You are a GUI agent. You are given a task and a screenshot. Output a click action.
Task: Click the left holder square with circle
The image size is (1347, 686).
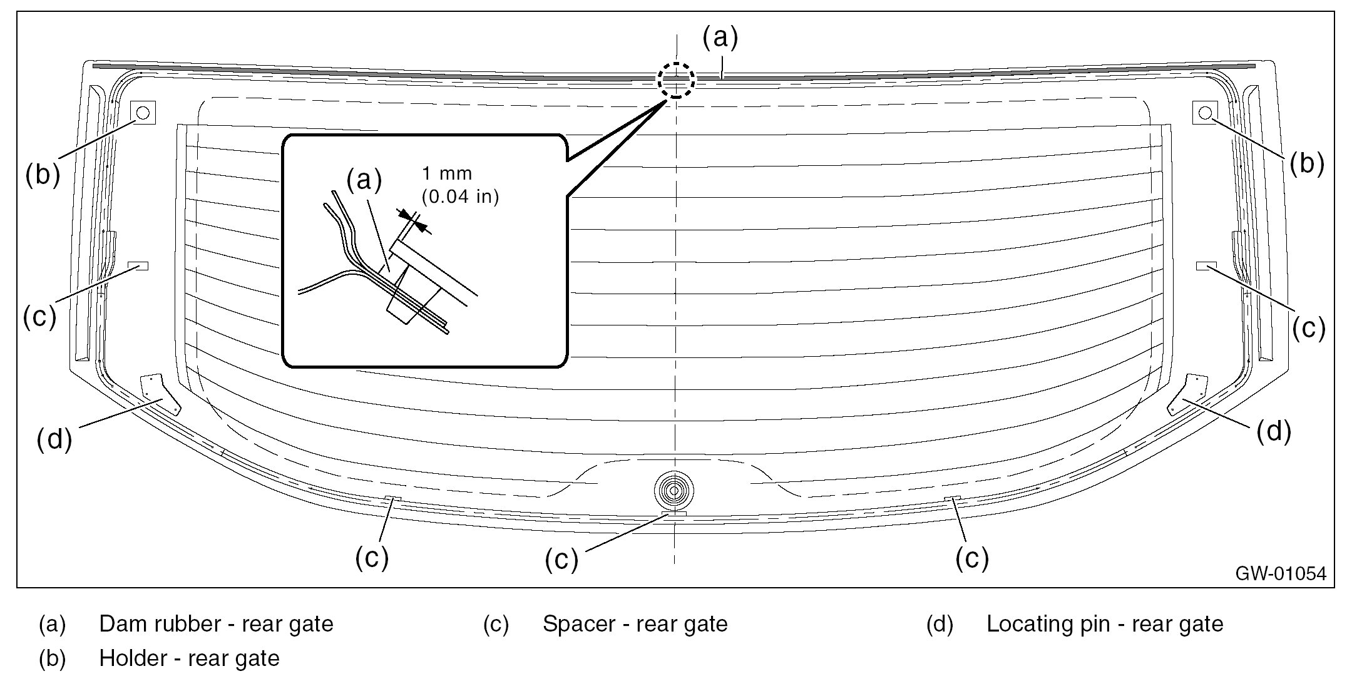[x=142, y=113]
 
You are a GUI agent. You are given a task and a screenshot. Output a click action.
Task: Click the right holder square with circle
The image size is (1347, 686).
[x=1205, y=113]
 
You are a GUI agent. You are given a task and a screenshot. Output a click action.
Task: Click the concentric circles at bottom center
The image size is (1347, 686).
[x=673, y=491]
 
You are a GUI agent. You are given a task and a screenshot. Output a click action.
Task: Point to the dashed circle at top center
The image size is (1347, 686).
[x=675, y=79]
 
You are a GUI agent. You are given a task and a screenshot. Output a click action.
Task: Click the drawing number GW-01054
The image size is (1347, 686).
[x=1281, y=574]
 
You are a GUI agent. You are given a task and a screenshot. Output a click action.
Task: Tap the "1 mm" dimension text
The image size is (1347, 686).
[x=447, y=173]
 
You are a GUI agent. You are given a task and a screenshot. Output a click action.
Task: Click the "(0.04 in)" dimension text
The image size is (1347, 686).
[x=460, y=197]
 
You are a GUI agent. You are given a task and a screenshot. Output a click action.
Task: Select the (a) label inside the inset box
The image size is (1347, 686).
[x=364, y=180]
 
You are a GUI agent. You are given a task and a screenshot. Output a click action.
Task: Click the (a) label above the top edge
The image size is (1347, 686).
[x=720, y=38]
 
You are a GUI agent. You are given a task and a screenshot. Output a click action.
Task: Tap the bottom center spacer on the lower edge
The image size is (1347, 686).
[x=673, y=514]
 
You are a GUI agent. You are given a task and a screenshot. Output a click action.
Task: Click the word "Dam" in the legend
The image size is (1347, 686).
[x=121, y=624]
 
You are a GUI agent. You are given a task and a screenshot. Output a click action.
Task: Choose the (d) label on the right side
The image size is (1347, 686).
[x=1274, y=432]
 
